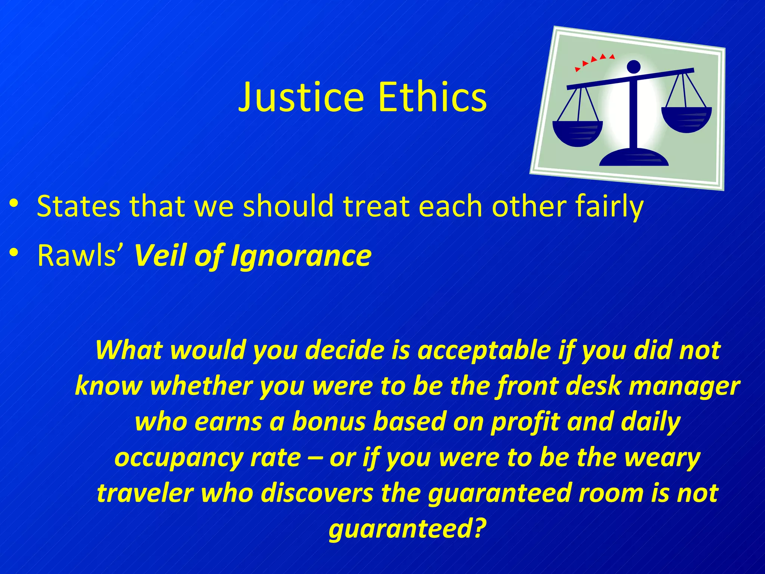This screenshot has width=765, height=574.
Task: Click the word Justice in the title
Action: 301,97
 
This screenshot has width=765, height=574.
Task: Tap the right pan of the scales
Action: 686,119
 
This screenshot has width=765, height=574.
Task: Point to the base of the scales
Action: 634,158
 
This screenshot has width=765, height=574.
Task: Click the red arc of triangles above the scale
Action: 594,61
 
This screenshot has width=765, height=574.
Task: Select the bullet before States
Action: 14,204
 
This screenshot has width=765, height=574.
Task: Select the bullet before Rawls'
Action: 14,253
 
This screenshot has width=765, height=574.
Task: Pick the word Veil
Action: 161,256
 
